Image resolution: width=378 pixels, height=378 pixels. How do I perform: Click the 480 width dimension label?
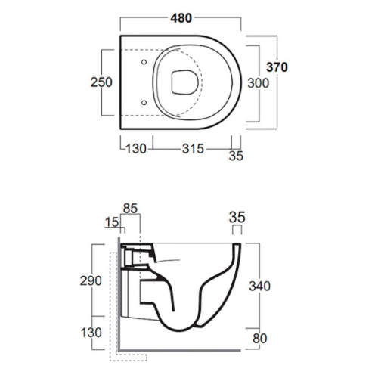[181, 18]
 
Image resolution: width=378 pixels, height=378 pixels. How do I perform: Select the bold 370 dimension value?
[277, 67]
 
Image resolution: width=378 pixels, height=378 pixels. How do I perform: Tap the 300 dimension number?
[259, 83]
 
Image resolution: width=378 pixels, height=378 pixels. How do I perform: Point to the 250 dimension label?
[101, 82]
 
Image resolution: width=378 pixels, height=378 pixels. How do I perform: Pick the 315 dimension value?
[193, 149]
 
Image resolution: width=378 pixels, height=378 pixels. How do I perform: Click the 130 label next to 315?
[136, 149]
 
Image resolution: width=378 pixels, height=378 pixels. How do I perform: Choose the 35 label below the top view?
[236, 156]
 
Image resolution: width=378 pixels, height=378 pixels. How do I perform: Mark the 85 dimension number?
[130, 209]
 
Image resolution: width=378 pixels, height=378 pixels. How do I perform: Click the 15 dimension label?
[112, 222]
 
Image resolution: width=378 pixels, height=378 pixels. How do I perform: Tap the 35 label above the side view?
[237, 217]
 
